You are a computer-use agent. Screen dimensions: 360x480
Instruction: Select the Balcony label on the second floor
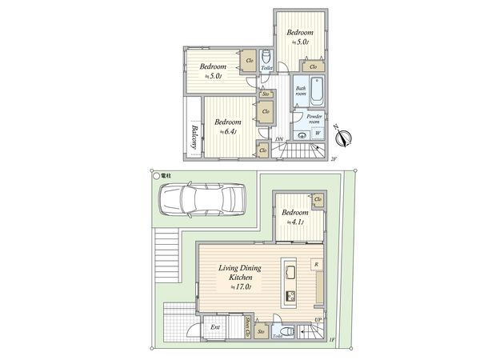[194, 138]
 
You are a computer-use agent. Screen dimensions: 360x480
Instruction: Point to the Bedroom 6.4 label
[227, 126]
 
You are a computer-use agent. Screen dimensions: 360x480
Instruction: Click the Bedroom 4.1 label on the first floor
[296, 217]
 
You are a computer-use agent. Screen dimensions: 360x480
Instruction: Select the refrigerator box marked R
[317, 265]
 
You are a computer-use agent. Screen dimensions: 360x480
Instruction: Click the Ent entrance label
[215, 328]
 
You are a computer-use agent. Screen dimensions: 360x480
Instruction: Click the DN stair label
[279, 142]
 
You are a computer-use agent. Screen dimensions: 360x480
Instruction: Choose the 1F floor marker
[332, 341]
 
